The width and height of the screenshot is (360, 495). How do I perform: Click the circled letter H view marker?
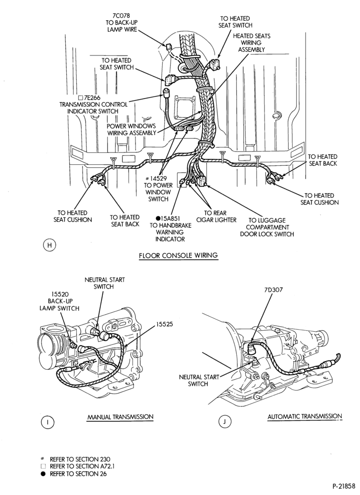tap(49, 246)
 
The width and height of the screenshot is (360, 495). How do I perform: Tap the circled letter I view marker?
tap(48, 422)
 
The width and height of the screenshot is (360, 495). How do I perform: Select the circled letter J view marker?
tap(225, 421)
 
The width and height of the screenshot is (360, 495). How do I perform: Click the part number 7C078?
tap(121, 15)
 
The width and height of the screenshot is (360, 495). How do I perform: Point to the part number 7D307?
tap(273, 289)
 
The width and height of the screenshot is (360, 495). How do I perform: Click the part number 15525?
tap(165, 324)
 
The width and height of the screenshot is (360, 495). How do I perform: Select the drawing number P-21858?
tap(345, 486)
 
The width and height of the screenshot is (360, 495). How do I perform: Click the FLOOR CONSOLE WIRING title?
tap(179, 255)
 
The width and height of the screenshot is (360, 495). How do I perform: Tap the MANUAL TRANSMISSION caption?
tap(121, 417)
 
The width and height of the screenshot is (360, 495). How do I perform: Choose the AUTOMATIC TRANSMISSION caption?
tap(305, 416)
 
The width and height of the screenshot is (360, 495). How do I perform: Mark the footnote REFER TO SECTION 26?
tap(78, 474)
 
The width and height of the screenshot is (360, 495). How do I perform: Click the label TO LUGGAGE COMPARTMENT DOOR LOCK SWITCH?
tap(267, 227)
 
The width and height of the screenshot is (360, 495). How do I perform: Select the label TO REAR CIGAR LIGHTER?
tap(216, 216)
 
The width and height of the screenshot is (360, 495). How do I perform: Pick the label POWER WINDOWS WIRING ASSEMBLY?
tap(132, 129)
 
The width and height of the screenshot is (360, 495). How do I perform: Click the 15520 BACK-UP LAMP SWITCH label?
tap(59, 301)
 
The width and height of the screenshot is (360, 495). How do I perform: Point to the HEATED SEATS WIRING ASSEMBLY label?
tap(252, 43)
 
